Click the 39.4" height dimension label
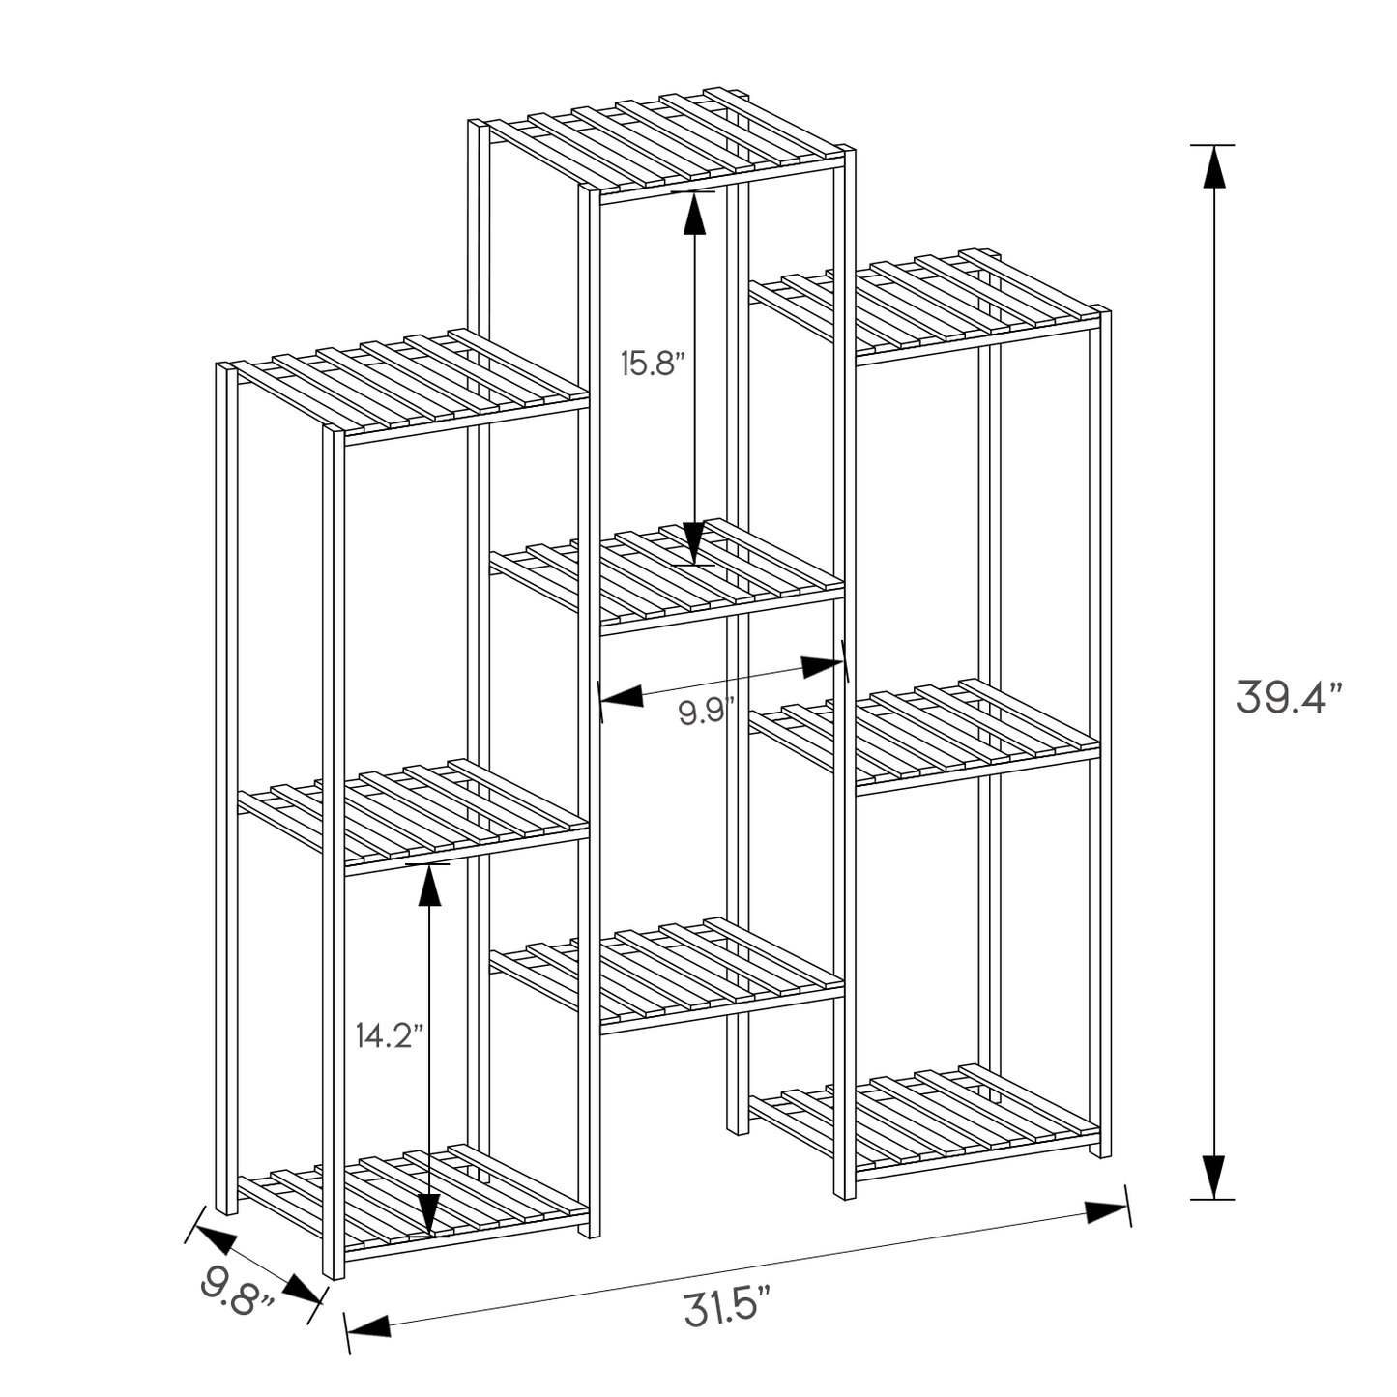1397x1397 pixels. click(x=1290, y=697)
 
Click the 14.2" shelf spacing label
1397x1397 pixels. click(x=390, y=1035)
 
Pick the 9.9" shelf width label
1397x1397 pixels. click(x=707, y=712)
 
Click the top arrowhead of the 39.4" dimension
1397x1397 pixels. click(x=1214, y=166)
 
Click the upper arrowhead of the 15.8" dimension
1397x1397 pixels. click(x=694, y=214)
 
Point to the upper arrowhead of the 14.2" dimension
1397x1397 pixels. click(x=429, y=886)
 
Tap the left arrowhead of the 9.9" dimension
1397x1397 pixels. click(x=622, y=697)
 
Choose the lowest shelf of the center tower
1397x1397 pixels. click(x=667, y=972)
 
